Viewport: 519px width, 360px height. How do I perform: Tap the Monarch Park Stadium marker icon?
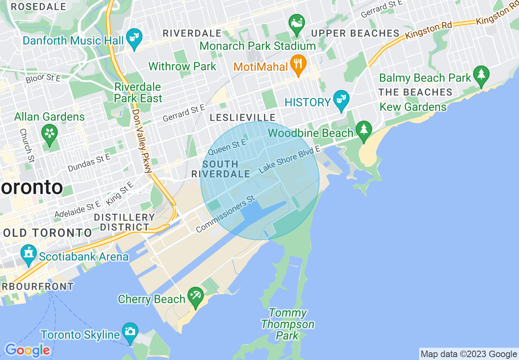coord(296,23)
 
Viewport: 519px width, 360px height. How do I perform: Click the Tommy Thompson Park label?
coord(288,324)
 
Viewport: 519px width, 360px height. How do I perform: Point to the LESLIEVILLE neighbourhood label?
coord(243,118)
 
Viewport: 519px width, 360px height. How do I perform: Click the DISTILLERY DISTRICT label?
coord(124,222)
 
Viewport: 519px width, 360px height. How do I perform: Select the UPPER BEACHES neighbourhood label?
coord(355,33)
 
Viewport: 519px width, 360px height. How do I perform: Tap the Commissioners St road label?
coord(226,214)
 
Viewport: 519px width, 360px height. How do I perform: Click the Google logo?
coord(27,350)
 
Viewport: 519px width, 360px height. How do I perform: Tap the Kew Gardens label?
coord(413,107)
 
